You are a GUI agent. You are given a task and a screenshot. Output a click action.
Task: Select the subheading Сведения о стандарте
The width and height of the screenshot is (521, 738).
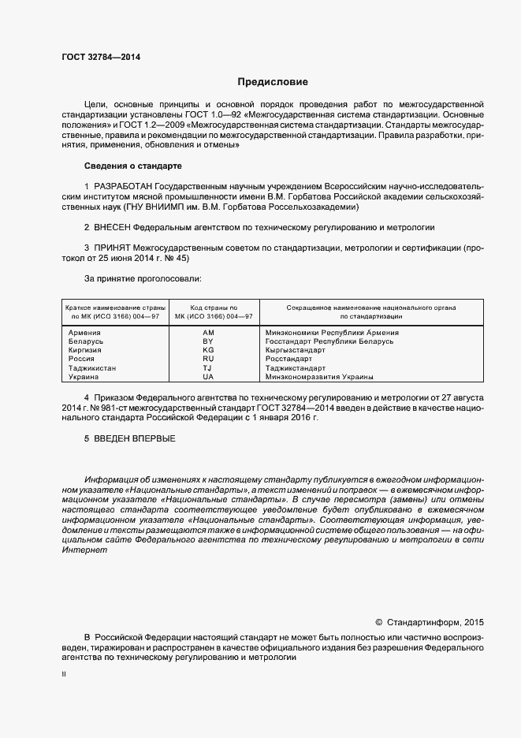coord(133,166)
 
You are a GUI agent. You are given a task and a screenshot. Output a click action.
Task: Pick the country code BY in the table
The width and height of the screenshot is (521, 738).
coord(208,341)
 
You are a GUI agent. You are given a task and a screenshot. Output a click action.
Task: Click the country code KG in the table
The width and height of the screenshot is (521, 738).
coord(208,350)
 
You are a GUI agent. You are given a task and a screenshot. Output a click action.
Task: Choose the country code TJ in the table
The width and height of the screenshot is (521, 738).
coord(208,367)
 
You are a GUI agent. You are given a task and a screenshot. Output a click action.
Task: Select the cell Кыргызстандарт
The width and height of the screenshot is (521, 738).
coord(296,350)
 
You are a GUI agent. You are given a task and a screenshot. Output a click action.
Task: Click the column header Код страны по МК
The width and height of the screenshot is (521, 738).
coord(208,311)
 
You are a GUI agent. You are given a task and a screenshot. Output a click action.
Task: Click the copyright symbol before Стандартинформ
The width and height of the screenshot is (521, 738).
coord(378,621)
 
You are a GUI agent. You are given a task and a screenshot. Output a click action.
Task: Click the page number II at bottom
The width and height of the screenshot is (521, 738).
coord(65,676)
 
